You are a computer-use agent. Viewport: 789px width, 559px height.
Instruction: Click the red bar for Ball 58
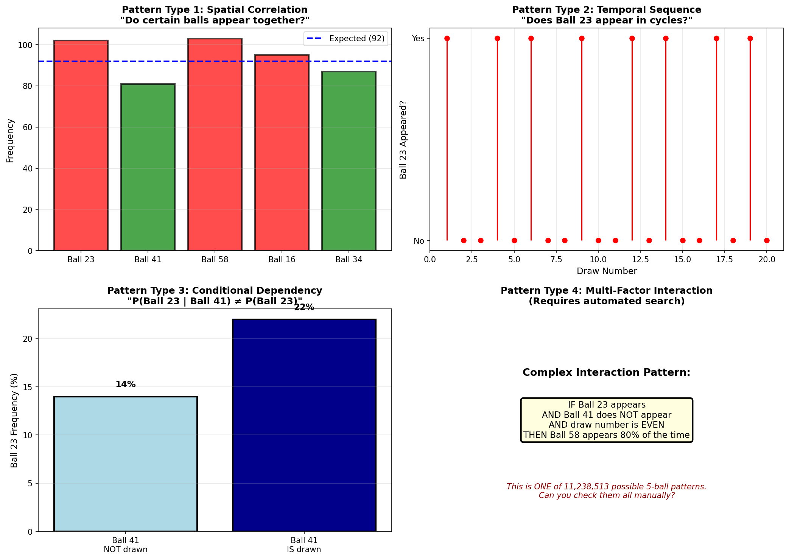pyautogui.click(x=215, y=144)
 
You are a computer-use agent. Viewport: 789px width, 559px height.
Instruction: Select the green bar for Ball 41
pyautogui.click(x=148, y=167)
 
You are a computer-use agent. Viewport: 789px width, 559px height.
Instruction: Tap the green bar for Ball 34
pyautogui.click(x=349, y=161)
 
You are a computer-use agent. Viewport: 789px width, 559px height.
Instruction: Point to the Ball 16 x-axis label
pyautogui.click(x=282, y=260)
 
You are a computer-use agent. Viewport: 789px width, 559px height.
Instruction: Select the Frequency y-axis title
pyautogui.click(x=10, y=141)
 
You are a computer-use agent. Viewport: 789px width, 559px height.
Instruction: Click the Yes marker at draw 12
pyautogui.click(x=632, y=39)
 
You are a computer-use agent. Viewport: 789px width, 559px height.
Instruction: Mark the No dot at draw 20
pyautogui.click(x=767, y=240)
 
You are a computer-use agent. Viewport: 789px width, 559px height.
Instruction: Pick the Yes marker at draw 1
pyautogui.click(x=447, y=39)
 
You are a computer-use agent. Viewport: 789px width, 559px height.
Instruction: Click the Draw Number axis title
pyautogui.click(x=607, y=271)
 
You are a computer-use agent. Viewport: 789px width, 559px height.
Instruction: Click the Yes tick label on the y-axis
pyautogui.click(x=418, y=39)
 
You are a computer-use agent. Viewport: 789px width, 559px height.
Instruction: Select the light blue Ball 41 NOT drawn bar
pyautogui.click(x=125, y=464)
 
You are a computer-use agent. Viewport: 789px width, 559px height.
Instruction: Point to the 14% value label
pyautogui.click(x=125, y=385)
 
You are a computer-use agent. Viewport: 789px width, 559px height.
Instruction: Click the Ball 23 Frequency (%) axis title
pyautogui.click(x=14, y=420)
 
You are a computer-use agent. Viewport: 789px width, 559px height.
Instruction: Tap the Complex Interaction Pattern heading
pyautogui.click(x=606, y=372)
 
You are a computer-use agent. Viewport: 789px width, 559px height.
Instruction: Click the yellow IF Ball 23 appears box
pyautogui.click(x=606, y=420)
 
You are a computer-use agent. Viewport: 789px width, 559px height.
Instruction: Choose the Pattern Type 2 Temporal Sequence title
pyautogui.click(x=606, y=15)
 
